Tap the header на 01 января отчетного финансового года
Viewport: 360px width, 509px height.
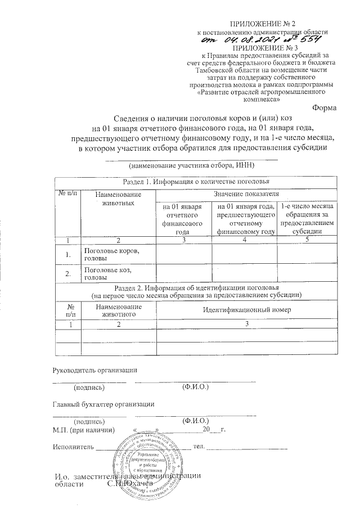181,219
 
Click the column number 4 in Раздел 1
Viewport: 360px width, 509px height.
244,240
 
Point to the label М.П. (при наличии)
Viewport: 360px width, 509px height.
84,429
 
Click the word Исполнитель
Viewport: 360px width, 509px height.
72,447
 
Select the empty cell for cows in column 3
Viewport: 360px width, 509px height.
181,254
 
